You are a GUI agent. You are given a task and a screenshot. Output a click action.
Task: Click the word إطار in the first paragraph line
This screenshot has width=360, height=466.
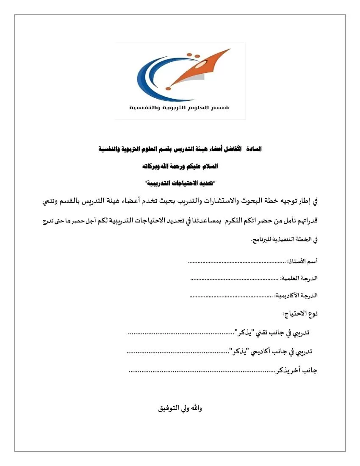click(305, 202)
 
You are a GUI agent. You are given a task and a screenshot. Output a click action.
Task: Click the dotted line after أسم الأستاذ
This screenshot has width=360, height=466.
click(237, 263)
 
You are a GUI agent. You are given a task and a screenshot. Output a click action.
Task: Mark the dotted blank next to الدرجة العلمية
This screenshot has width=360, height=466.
click(235, 280)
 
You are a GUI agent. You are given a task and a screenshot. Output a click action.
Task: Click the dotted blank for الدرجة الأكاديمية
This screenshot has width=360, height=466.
click(231, 296)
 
